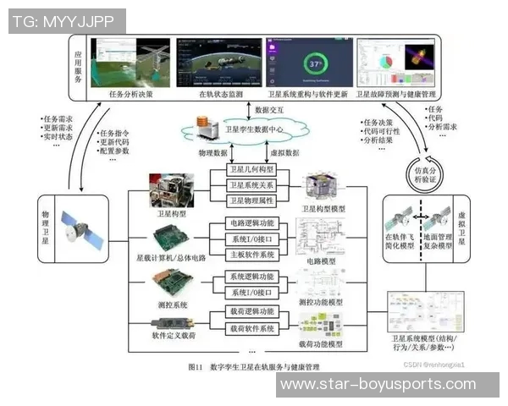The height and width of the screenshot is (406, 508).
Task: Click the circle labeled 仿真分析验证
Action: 422,170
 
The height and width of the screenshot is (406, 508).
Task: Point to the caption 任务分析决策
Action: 132,95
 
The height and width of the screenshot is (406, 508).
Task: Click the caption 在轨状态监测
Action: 221,95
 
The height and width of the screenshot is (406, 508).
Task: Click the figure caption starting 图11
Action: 254,367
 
